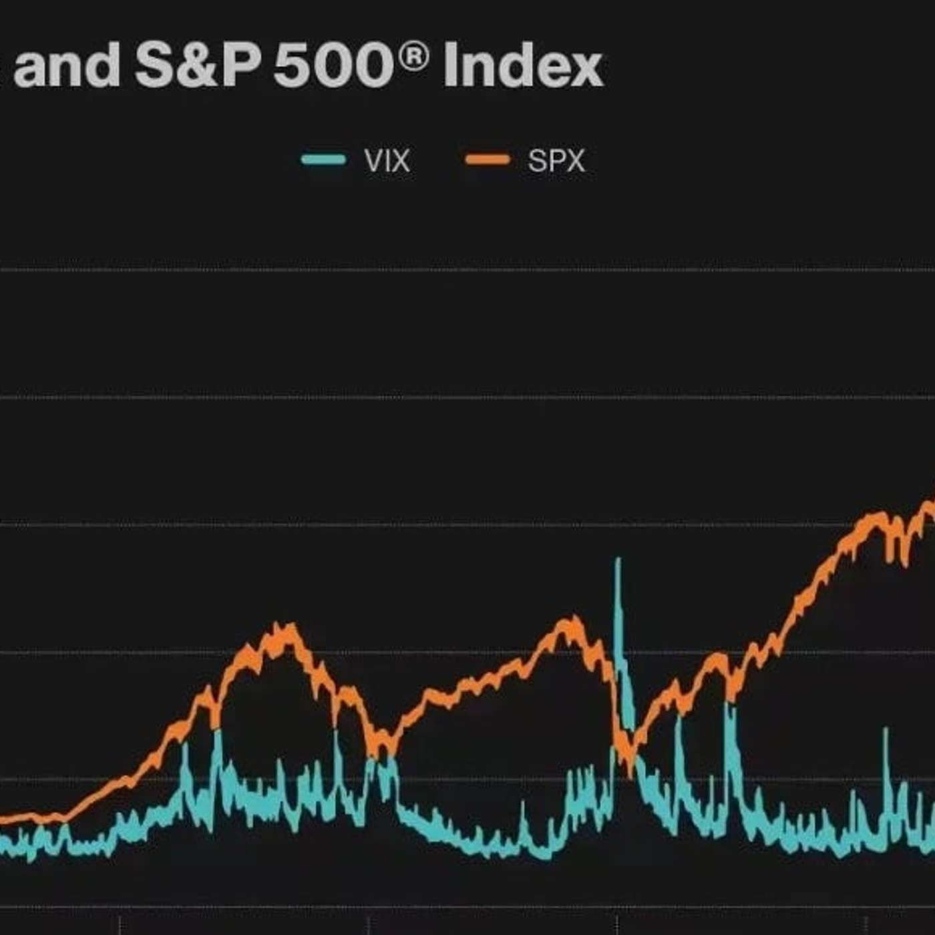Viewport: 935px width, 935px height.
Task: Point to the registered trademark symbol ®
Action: (415, 56)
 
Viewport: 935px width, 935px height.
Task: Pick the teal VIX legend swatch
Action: (324, 160)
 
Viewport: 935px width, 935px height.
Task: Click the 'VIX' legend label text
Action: (387, 161)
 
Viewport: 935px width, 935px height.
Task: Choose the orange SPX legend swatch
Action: (488, 160)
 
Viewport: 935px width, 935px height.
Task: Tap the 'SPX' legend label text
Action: (556, 161)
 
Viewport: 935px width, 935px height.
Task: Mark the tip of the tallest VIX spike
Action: (618, 560)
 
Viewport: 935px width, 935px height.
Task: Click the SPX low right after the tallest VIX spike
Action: (628, 768)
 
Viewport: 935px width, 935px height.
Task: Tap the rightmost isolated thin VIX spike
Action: (886, 730)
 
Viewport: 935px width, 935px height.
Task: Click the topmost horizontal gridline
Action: (467, 270)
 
